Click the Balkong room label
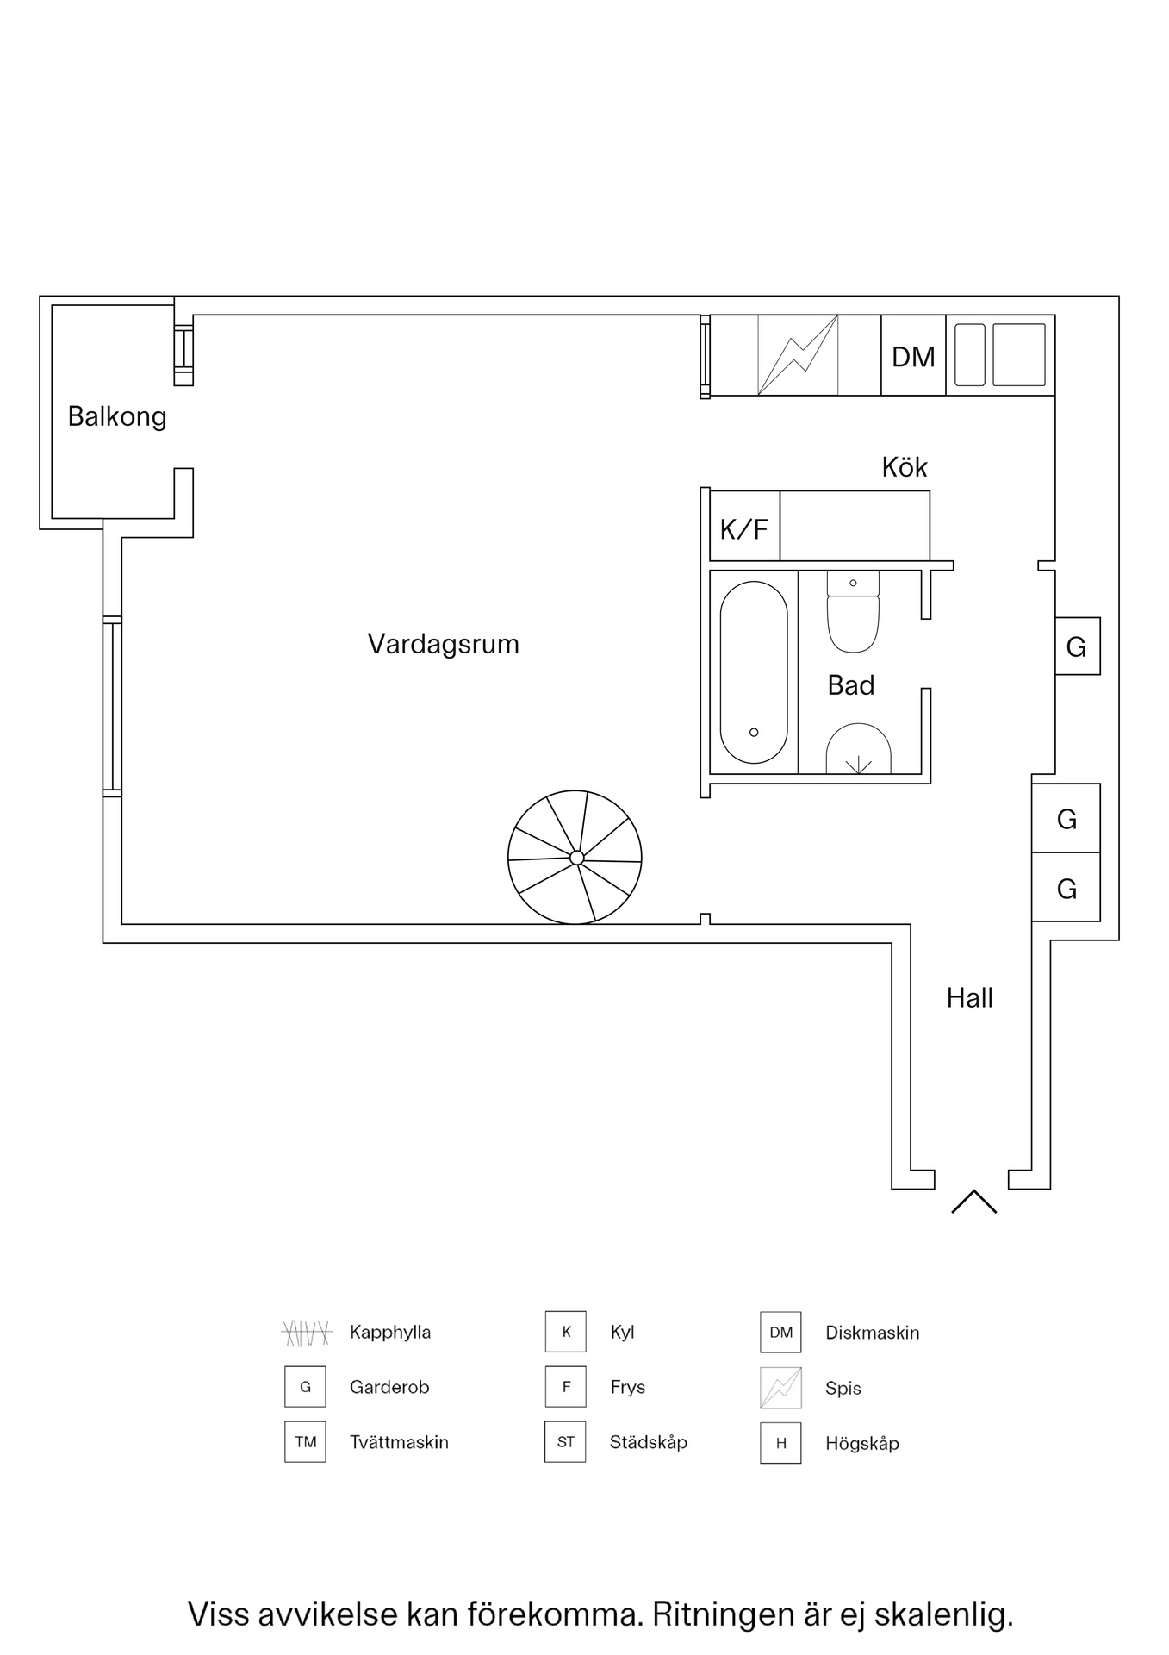click(x=117, y=417)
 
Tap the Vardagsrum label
click(x=443, y=644)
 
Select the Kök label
click(x=904, y=467)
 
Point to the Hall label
click(x=969, y=997)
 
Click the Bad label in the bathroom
click(x=850, y=685)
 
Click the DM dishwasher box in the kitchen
click(x=913, y=356)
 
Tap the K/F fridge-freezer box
click(x=744, y=528)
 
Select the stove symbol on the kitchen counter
click(x=798, y=355)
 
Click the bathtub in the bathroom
click(x=754, y=672)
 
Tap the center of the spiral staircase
click(x=576, y=857)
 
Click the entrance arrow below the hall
click(x=973, y=1202)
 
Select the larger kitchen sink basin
click(x=1018, y=355)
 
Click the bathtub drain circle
click(x=754, y=733)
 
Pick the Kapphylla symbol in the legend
click(x=307, y=1333)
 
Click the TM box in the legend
click(x=306, y=1442)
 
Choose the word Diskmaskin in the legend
click(x=872, y=1333)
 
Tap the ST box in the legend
click(x=565, y=1442)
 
